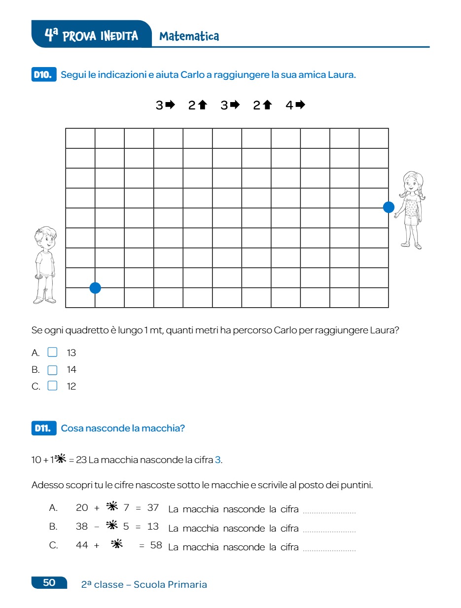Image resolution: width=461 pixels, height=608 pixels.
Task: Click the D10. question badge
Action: click(x=43, y=75)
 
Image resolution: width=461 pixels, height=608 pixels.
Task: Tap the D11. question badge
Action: click(x=43, y=428)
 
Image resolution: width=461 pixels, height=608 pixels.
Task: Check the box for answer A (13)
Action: click(x=52, y=353)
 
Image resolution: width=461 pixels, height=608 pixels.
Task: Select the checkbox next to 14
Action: click(x=52, y=370)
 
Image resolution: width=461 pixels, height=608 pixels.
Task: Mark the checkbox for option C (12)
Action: click(x=52, y=386)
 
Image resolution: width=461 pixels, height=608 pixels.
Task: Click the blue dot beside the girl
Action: click(x=389, y=207)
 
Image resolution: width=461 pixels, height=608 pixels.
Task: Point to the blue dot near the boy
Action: click(x=95, y=288)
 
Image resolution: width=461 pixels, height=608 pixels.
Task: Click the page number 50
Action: click(x=49, y=582)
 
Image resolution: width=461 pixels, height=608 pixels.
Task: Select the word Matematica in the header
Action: click(x=189, y=36)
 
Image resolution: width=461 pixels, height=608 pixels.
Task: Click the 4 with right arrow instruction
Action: click(x=295, y=105)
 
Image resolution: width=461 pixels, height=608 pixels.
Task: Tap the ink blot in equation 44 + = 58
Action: click(x=117, y=545)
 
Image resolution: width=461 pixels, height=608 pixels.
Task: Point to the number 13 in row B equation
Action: click(x=153, y=526)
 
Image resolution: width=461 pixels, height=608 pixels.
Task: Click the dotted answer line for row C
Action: click(x=329, y=549)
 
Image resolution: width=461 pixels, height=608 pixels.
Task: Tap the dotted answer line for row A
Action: click(x=329, y=512)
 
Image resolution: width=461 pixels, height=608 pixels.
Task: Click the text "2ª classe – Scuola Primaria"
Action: click(x=144, y=584)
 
